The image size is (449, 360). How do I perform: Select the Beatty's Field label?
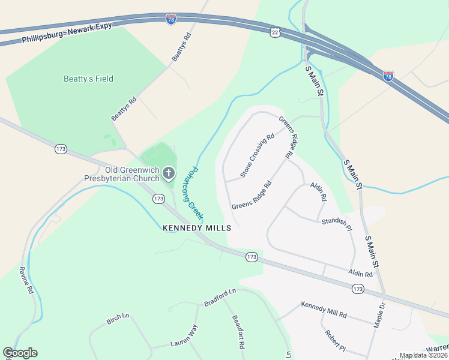pyautogui.click(x=88, y=79)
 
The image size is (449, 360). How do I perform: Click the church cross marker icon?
pyautogui.click(x=169, y=174)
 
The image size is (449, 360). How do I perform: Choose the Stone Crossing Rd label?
pyautogui.click(x=257, y=155)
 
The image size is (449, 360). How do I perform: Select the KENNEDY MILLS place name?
pyautogui.click(x=197, y=228)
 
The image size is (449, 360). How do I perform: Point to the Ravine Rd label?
pyautogui.click(x=25, y=280)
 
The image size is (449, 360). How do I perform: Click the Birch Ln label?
pyautogui.click(x=118, y=319)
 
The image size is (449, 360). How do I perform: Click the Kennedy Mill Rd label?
pyautogui.click(x=324, y=310)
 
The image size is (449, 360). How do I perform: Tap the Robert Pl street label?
pyautogui.click(x=335, y=341)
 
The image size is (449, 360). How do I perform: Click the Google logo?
pyautogui.click(x=20, y=353)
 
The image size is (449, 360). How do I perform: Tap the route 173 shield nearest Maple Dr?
pyautogui.click(x=358, y=289)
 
